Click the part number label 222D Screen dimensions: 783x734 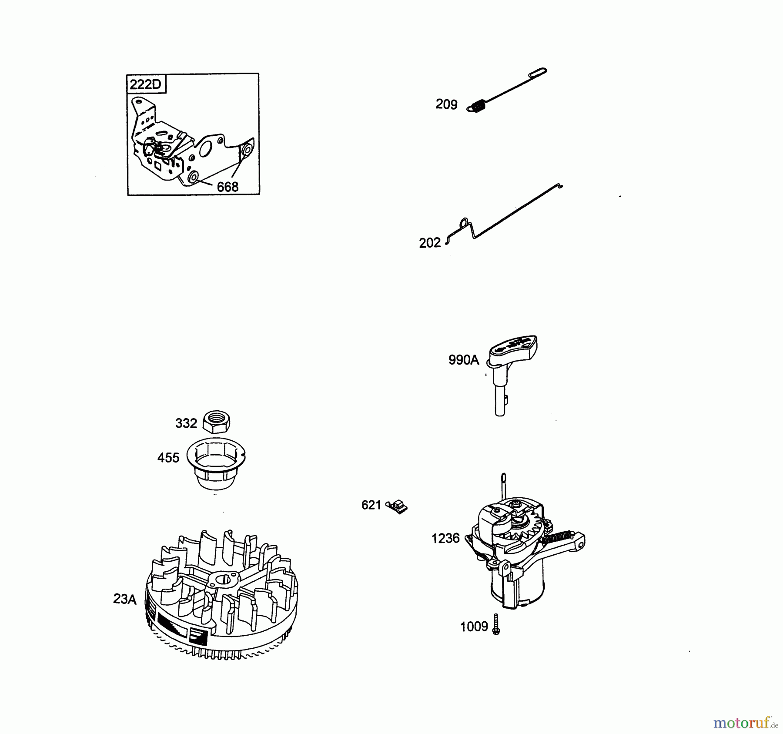(145, 84)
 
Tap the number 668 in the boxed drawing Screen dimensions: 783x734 (228, 187)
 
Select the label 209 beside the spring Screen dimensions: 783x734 (446, 104)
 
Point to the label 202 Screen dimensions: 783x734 (430, 243)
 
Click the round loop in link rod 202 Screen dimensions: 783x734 (465, 222)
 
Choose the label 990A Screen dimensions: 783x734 (463, 360)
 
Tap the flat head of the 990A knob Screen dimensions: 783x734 (513, 350)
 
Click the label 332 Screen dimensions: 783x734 (186, 423)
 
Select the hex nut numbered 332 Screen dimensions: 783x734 (217, 422)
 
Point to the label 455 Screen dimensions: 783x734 (168, 458)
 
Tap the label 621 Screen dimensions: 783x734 (371, 505)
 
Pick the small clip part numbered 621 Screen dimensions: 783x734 (397, 507)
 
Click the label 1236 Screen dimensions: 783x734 (445, 539)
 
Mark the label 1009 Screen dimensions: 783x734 (474, 627)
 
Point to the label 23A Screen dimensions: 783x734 (125, 599)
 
